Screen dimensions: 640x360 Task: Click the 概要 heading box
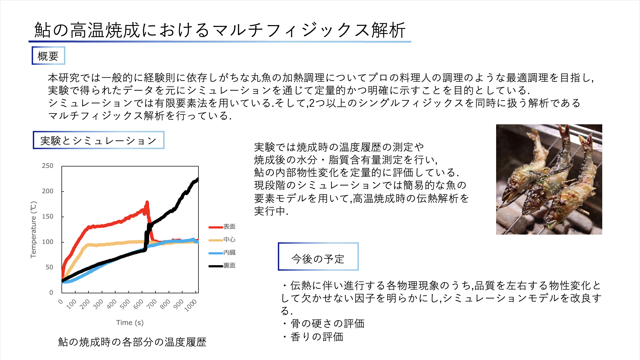pos(48,56)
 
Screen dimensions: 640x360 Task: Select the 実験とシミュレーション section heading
pos(98,140)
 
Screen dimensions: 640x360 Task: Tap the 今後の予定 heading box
pos(318,256)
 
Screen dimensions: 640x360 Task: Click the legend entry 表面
pos(222,227)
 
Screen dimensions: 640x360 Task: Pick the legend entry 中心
pos(222,240)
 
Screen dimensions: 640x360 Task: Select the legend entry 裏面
pos(222,266)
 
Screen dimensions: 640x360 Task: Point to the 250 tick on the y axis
pos(47,166)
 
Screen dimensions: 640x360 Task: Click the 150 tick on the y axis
pos(47,217)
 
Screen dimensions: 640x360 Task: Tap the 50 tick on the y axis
pos(49,267)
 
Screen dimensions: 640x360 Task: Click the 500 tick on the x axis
pos(125,304)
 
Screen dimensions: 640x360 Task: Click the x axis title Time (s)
pos(130,323)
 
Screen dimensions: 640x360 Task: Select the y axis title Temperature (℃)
pos(33,230)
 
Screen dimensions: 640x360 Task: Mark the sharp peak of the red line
pos(147,202)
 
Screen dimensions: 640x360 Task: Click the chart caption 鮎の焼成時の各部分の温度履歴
pos(132,342)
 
